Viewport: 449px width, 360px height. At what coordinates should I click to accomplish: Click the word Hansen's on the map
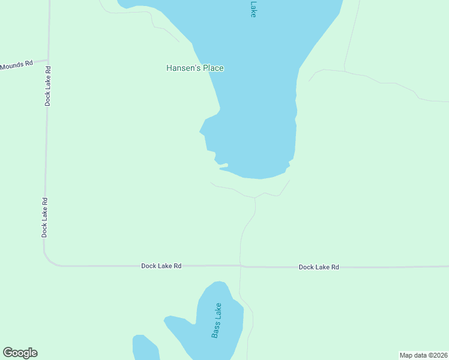(183, 68)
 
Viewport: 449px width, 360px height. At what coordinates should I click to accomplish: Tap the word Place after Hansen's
(213, 68)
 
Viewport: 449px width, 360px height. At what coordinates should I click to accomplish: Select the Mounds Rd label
(16, 65)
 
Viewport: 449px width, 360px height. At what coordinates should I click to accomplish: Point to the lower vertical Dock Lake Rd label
(44, 217)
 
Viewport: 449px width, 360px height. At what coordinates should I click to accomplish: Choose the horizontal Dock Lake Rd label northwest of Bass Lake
(161, 265)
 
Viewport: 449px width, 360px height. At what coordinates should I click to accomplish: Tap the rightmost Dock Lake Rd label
(319, 267)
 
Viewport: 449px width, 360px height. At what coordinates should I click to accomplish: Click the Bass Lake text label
(217, 320)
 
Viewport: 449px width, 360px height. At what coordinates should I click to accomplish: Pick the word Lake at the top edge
(253, 8)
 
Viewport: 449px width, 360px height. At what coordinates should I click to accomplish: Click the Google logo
(20, 353)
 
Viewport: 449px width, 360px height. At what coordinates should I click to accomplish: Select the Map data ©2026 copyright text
(423, 355)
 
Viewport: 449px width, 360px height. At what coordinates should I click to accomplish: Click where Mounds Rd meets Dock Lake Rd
(48, 60)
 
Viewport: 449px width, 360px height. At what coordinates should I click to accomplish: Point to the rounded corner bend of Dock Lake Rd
(49, 260)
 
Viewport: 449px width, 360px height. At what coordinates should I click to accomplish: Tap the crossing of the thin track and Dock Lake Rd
(240, 266)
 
